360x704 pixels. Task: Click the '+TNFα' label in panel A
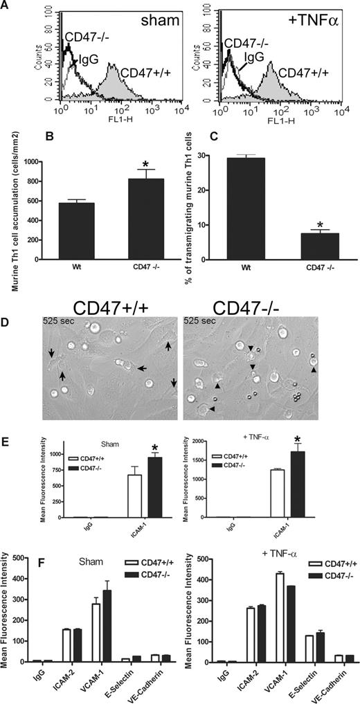point(324,15)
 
